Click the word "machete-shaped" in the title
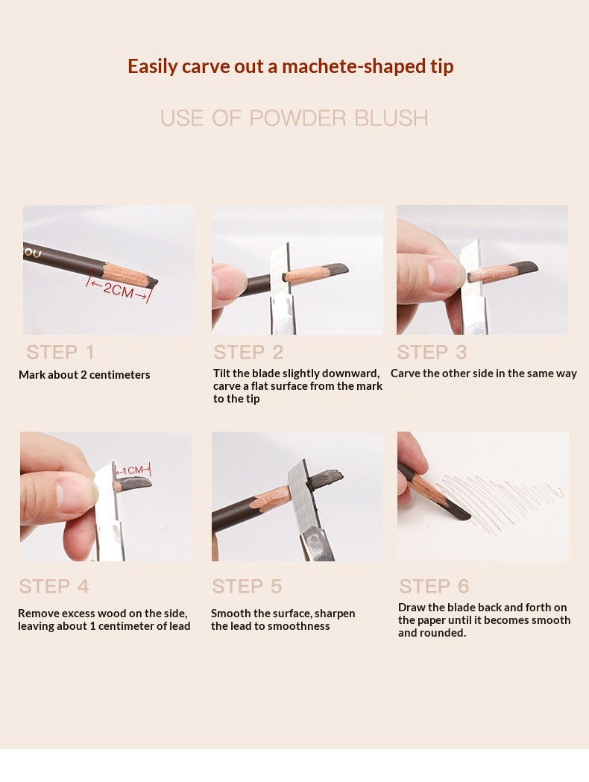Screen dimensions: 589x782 pyautogui.click(x=346, y=66)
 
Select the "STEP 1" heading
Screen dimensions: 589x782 pyautogui.click(x=60, y=352)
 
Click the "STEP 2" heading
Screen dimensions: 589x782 pyautogui.click(x=248, y=352)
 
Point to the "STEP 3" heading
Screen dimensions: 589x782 pyautogui.click(x=432, y=352)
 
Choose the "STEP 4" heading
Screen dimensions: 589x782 pyautogui.click(x=54, y=586)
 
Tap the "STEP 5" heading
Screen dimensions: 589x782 pyautogui.click(x=247, y=586)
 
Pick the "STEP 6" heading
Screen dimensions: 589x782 pyautogui.click(x=434, y=586)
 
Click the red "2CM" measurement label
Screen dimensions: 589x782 pyautogui.click(x=119, y=289)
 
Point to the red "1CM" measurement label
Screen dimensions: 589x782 pyautogui.click(x=132, y=470)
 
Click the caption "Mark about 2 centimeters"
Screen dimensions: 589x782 pyautogui.click(x=84, y=374)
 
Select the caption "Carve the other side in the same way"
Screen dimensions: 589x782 pyautogui.click(x=484, y=373)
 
